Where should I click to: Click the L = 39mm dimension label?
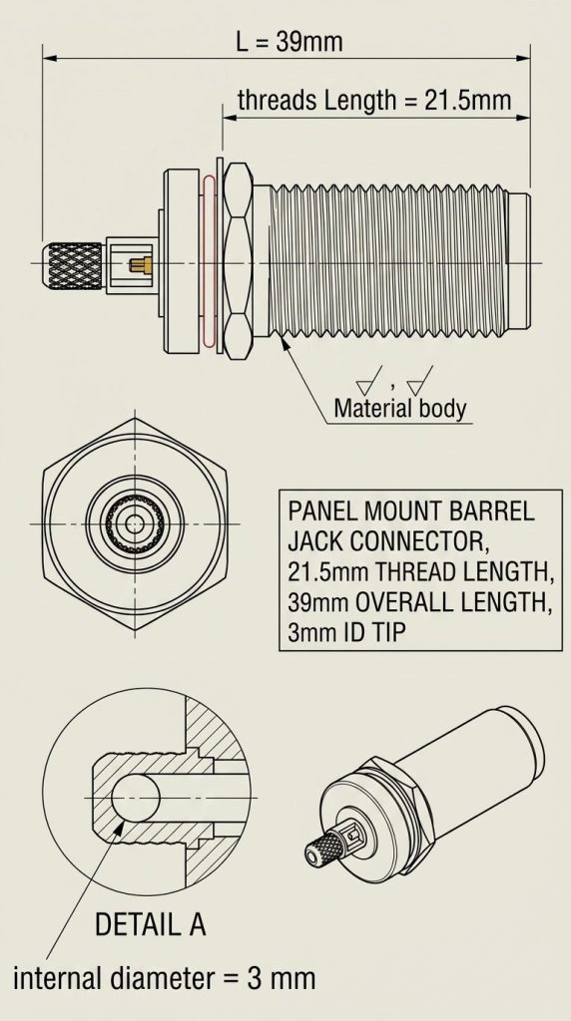coord(288,42)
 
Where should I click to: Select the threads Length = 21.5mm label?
coord(374,101)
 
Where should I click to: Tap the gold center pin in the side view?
coord(141,264)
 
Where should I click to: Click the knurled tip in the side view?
coord(73,264)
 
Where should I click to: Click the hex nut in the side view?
coord(238,262)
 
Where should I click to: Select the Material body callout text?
coord(400,408)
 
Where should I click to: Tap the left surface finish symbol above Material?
coord(369,380)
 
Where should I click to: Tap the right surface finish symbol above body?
coord(420,380)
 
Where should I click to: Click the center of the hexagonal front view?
coord(135,522)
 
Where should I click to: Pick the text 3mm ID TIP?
coord(346,632)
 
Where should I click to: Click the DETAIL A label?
coord(151,924)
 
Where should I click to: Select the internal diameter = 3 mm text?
coord(165,978)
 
